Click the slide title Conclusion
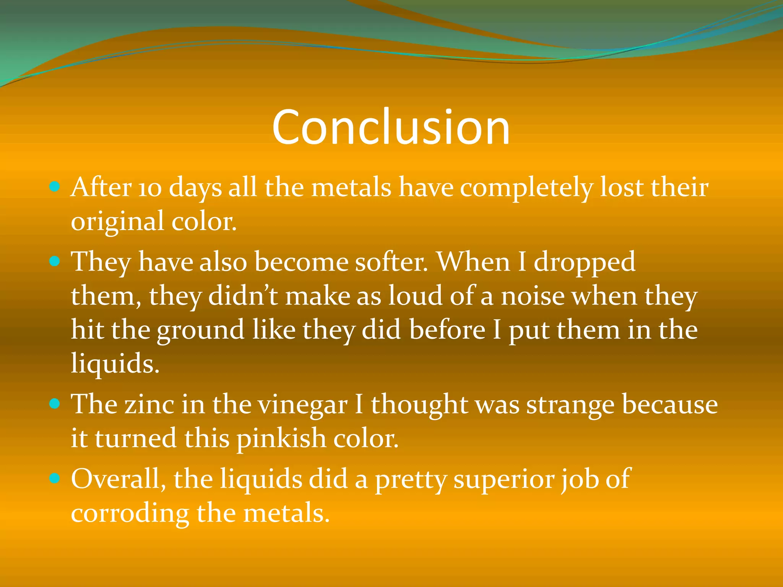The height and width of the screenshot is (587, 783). click(x=391, y=127)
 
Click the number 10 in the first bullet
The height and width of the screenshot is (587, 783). click(x=150, y=189)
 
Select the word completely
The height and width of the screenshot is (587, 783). click(x=526, y=189)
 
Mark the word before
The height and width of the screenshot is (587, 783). click(x=447, y=330)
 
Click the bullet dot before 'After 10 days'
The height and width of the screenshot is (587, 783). click(x=55, y=187)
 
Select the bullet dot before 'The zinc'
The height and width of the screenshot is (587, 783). click(x=55, y=404)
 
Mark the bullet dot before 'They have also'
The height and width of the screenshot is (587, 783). click(x=55, y=261)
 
